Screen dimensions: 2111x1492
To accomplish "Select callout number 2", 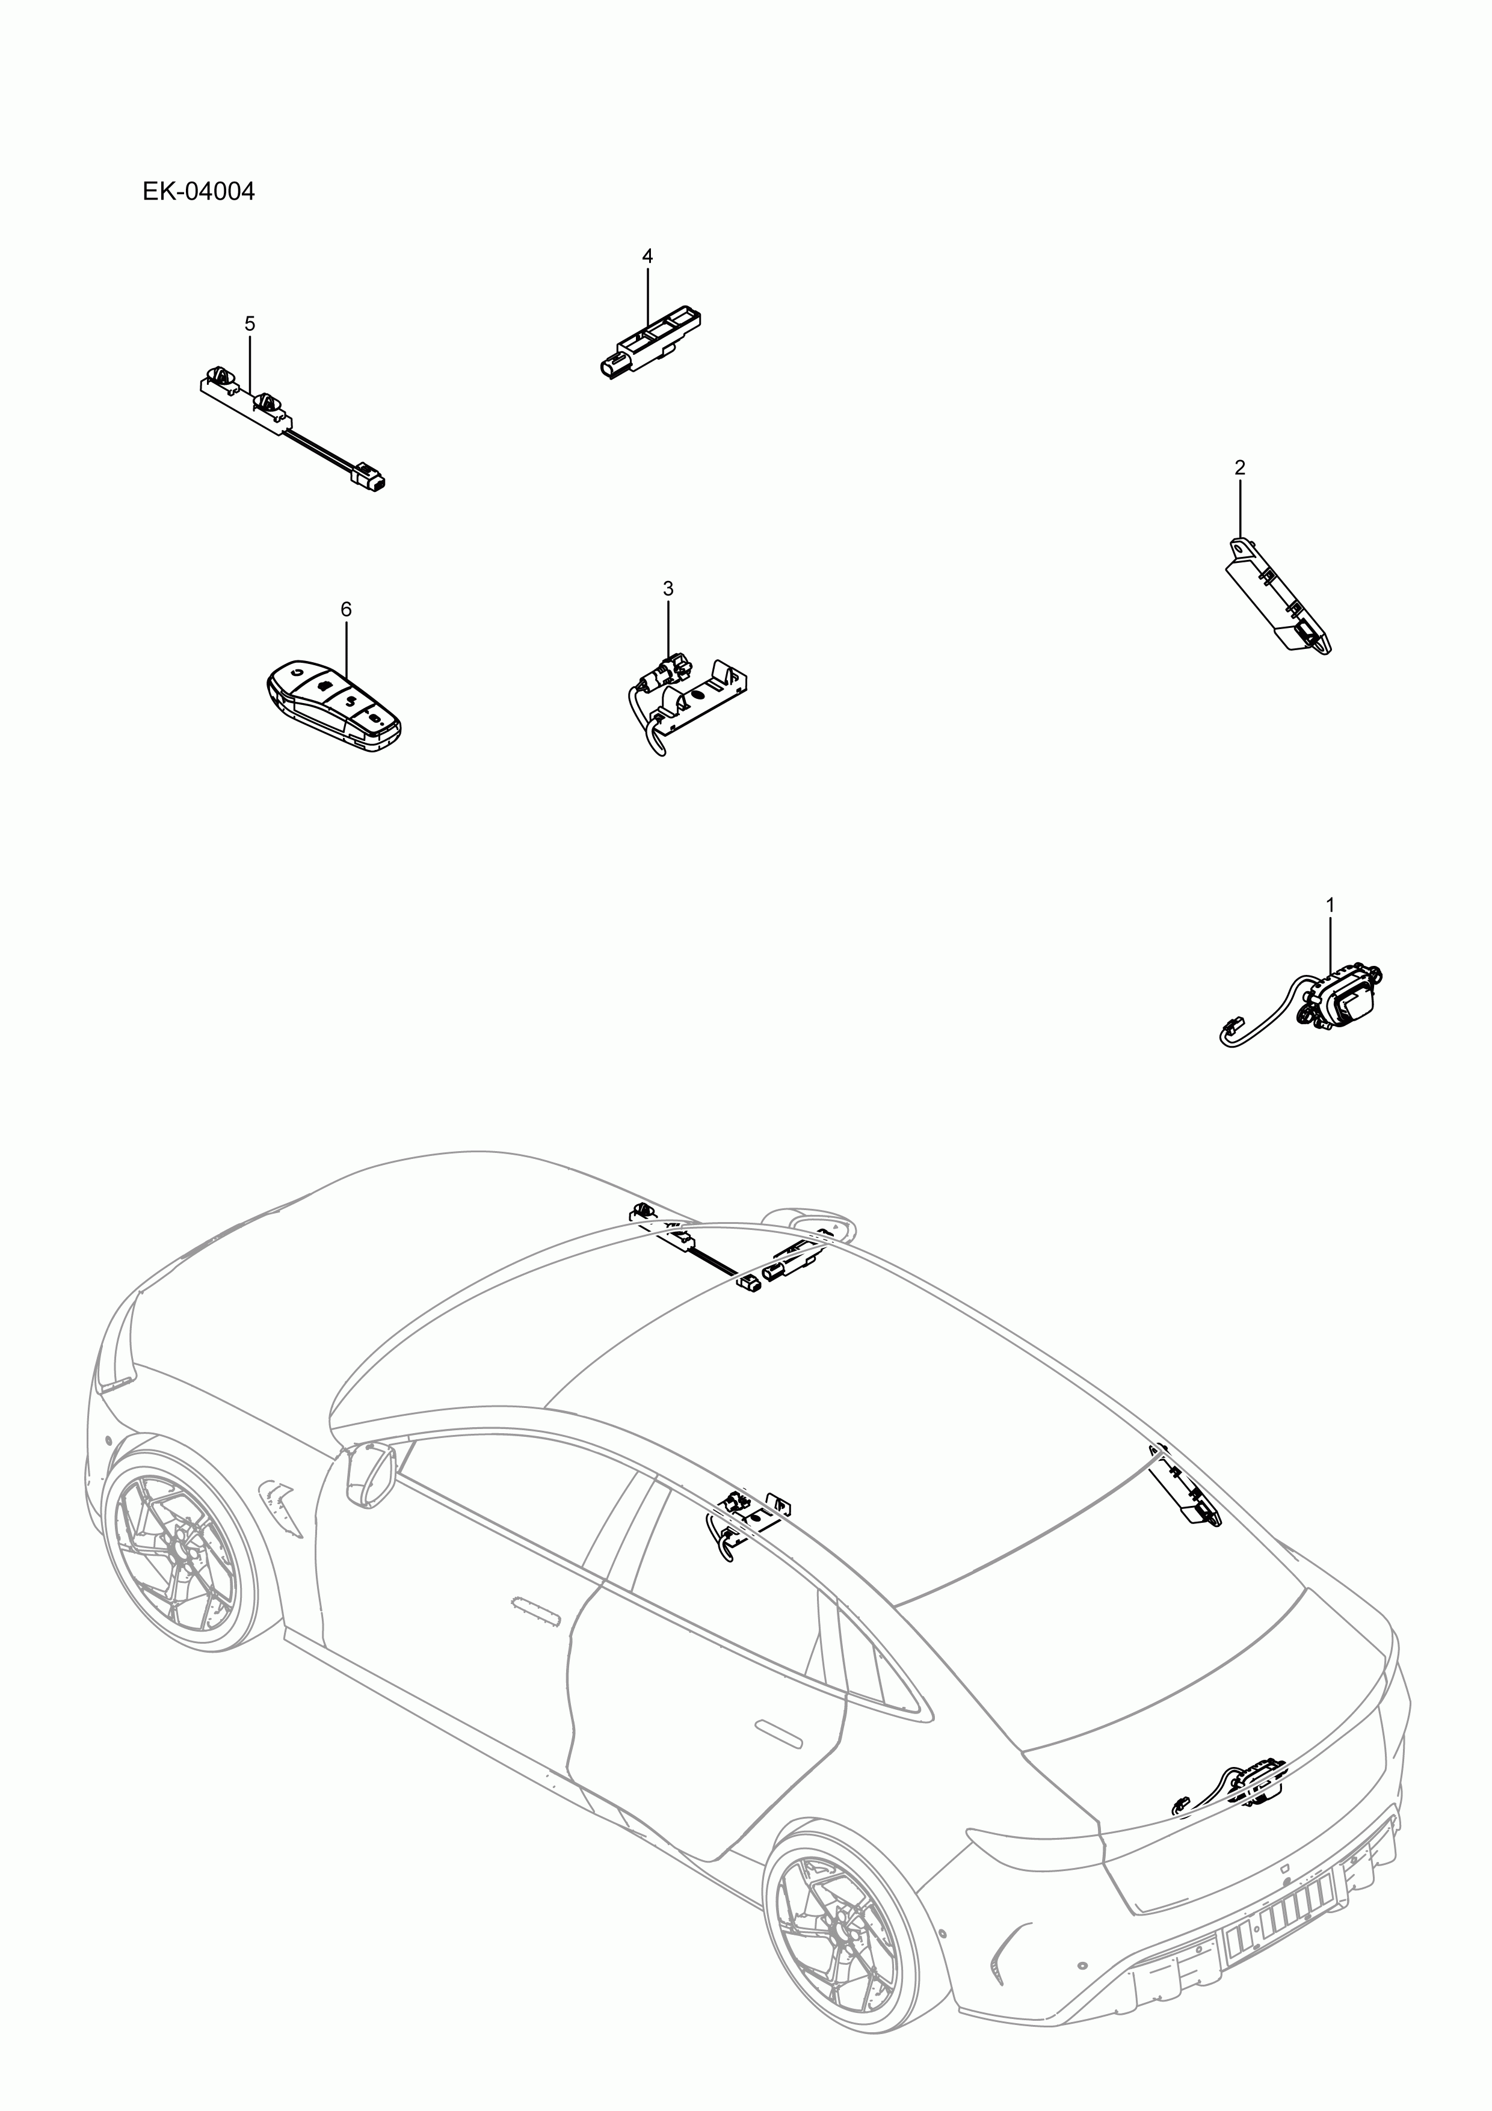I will pos(1240,468).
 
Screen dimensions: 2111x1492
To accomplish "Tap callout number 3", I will pos(668,588).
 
